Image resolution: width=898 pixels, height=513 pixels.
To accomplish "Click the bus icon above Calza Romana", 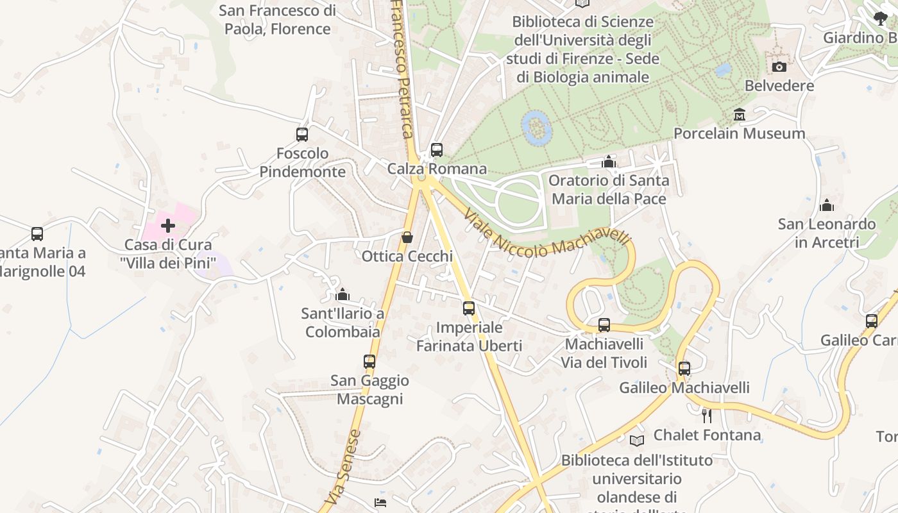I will pyautogui.click(x=437, y=150).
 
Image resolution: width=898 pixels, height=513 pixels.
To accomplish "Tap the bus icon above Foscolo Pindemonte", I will pyautogui.click(x=302, y=135).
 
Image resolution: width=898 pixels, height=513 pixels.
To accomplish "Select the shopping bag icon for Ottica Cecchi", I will pyautogui.click(x=407, y=238).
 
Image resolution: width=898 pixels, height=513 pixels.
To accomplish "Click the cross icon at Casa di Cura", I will pyautogui.click(x=168, y=226).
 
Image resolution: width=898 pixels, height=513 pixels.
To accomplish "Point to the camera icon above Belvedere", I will pyautogui.click(x=779, y=67).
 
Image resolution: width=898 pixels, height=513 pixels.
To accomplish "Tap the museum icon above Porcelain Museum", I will pyautogui.click(x=740, y=115).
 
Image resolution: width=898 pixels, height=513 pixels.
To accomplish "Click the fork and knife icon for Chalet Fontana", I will pyautogui.click(x=706, y=416).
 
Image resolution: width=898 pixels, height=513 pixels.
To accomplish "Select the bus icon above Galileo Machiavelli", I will pyautogui.click(x=684, y=369).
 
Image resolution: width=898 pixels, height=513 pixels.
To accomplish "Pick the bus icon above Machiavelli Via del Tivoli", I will pyautogui.click(x=604, y=325).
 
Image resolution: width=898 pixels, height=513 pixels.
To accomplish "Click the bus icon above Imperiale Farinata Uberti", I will pyautogui.click(x=469, y=308).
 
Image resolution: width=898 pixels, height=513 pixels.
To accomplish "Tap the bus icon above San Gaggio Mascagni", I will pyautogui.click(x=369, y=362).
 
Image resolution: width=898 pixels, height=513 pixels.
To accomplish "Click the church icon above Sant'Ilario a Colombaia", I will pyautogui.click(x=343, y=294).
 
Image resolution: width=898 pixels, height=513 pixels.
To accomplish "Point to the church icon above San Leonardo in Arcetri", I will pyautogui.click(x=827, y=205).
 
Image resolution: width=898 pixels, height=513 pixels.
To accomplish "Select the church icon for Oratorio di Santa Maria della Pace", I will pyautogui.click(x=609, y=162).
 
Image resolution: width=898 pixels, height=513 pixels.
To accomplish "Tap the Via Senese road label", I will pyautogui.click(x=343, y=467).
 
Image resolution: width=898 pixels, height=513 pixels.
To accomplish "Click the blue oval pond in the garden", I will pyautogui.click(x=537, y=126).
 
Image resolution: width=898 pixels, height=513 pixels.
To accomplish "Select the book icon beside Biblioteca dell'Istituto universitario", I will pyautogui.click(x=636, y=441).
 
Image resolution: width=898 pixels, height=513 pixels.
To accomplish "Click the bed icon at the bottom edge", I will pyautogui.click(x=380, y=503).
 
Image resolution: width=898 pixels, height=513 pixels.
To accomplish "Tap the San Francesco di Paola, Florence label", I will pyautogui.click(x=277, y=20).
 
